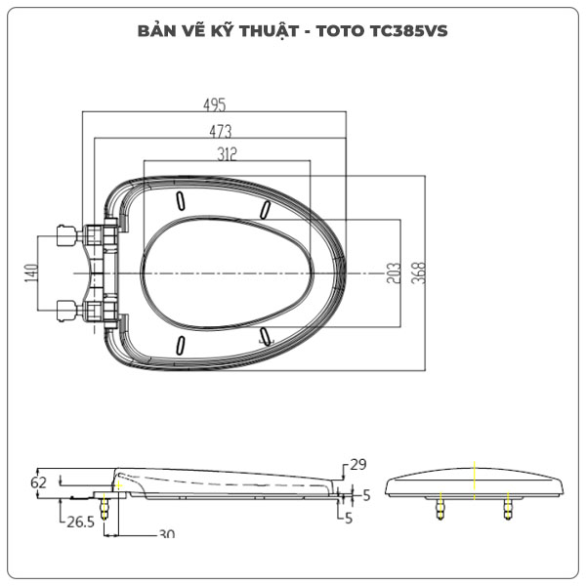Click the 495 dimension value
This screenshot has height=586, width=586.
pyautogui.click(x=216, y=105)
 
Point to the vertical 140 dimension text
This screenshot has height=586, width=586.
pyautogui.click(x=31, y=274)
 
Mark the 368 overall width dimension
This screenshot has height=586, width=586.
pyautogui.click(x=417, y=272)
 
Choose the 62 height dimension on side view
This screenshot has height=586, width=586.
pyautogui.click(x=39, y=482)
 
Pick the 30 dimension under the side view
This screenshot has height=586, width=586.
pyautogui.click(x=165, y=534)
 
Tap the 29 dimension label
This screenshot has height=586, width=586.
pyautogui.click(x=356, y=464)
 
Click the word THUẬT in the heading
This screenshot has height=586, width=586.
pyautogui.click(x=266, y=30)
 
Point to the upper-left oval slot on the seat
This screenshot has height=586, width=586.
pyautogui.click(x=181, y=200)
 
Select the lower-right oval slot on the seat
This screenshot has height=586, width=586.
pyautogui.click(x=267, y=337)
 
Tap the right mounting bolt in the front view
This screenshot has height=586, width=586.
pyautogui.click(x=507, y=508)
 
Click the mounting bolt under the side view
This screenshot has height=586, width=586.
pyautogui.click(x=105, y=511)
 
